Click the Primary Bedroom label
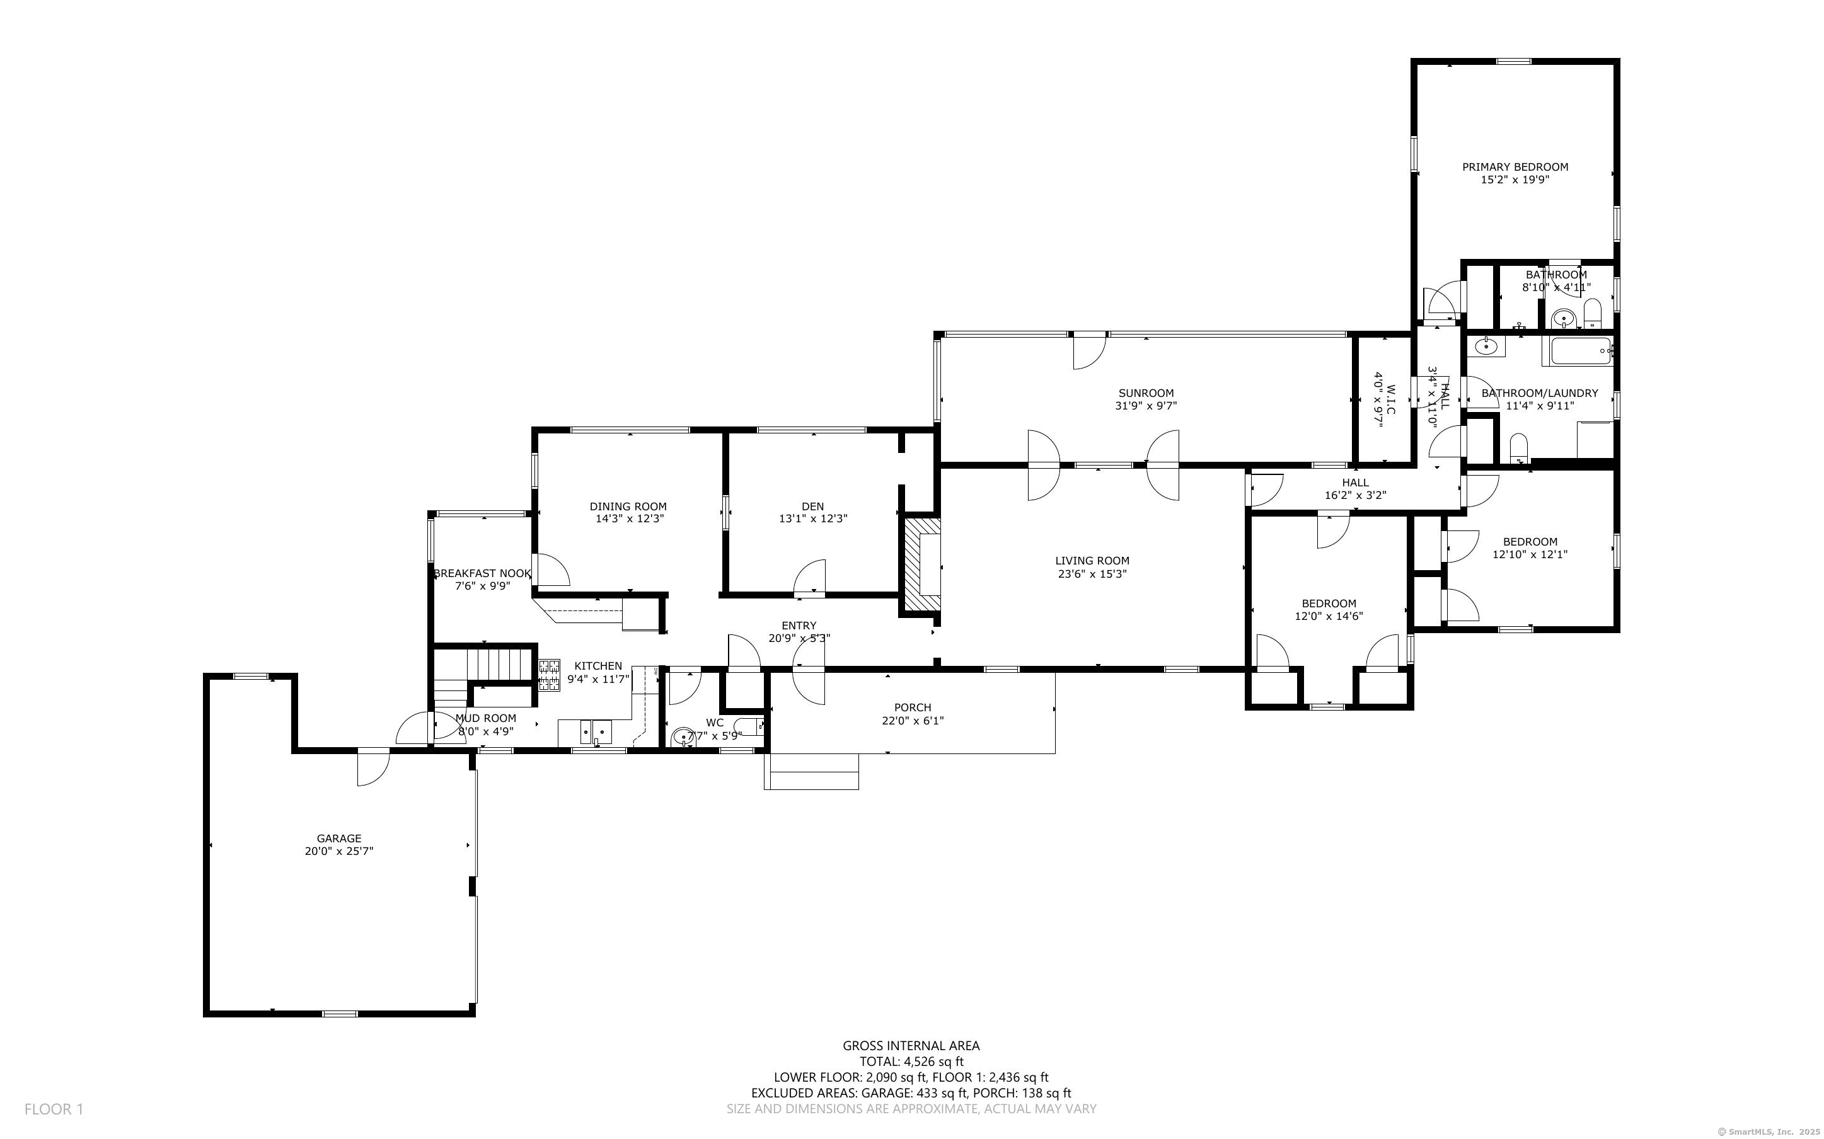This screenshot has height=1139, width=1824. coord(1515,167)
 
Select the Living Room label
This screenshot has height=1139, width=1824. coord(1092,561)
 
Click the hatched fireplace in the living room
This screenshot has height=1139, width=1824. coord(922,563)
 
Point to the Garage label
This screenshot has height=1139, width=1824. coord(339,839)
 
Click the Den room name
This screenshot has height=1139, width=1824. coord(813,507)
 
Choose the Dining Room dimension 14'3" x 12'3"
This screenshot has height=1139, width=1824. coord(628,519)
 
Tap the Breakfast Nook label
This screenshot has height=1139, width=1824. coord(482,573)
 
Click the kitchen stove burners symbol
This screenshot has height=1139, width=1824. coord(549,674)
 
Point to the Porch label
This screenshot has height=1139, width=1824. coord(913,707)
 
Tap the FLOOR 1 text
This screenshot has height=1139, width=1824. coord(54,1109)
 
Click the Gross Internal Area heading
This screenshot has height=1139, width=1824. coord(911,1046)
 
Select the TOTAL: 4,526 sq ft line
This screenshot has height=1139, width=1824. coord(911,1062)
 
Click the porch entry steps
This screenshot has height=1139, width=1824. coord(811,771)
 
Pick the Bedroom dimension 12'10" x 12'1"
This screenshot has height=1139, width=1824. coord(1530,554)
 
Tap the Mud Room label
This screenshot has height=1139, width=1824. coord(486,718)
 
